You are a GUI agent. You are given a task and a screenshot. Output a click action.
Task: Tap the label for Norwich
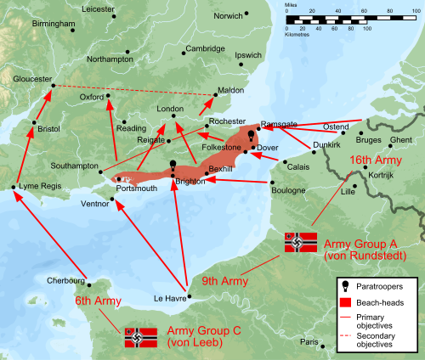click(x=228, y=15)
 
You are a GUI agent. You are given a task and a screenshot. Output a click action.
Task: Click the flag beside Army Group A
click(x=300, y=243)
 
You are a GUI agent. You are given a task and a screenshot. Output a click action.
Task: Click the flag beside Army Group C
click(x=141, y=338)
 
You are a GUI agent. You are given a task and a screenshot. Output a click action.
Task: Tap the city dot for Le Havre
click(x=190, y=297)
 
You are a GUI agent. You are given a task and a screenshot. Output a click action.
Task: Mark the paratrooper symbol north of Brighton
click(x=173, y=166)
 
